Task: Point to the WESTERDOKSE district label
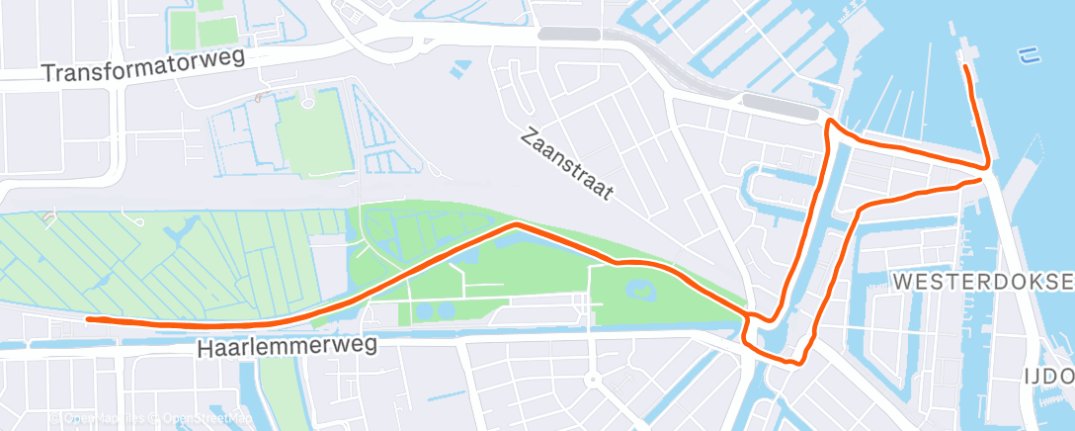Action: (982, 282)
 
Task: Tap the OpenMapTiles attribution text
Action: (98, 419)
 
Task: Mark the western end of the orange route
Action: (89, 319)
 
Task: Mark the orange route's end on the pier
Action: (964, 66)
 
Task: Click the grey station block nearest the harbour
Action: (781, 104)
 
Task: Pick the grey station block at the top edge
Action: (567, 34)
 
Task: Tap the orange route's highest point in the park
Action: (515, 225)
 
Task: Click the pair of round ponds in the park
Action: (427, 310)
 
